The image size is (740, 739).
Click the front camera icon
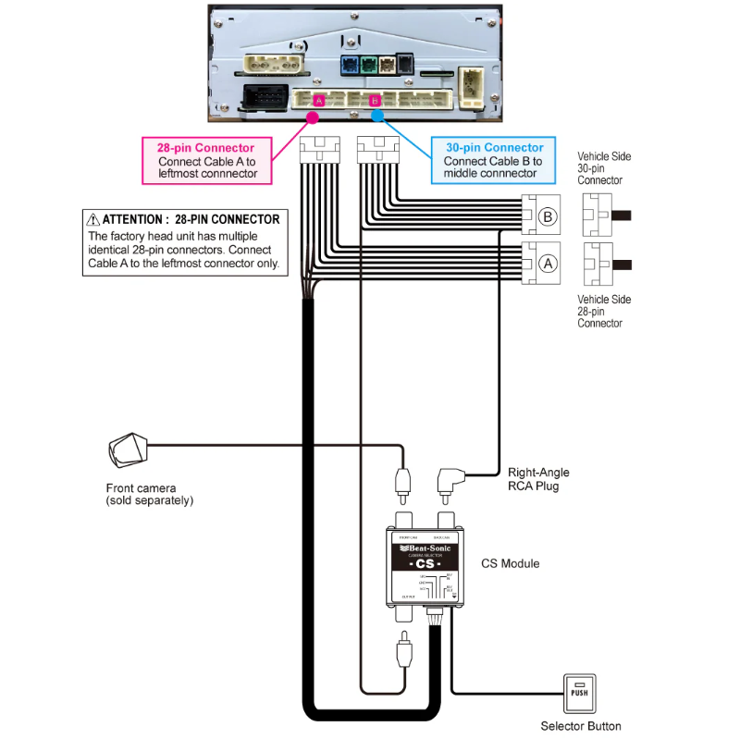click(127, 450)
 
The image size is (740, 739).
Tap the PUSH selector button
click(579, 691)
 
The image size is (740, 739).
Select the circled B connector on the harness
click(547, 216)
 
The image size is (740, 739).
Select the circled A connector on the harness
click(547, 263)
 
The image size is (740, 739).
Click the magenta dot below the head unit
click(312, 117)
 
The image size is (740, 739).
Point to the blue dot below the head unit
click(376, 117)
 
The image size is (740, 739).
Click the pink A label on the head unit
click(318, 99)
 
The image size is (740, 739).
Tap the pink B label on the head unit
click(374, 99)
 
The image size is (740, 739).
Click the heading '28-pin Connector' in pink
click(205, 148)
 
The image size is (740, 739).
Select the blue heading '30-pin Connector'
click(494, 147)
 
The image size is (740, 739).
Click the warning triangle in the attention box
click(92, 220)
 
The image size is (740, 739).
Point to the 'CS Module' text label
click(510, 563)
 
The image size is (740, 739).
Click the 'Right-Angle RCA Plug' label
click(538, 479)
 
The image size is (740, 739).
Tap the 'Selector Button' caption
click(581, 726)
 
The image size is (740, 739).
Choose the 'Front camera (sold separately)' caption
click(149, 494)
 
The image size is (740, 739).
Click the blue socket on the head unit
click(350, 67)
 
